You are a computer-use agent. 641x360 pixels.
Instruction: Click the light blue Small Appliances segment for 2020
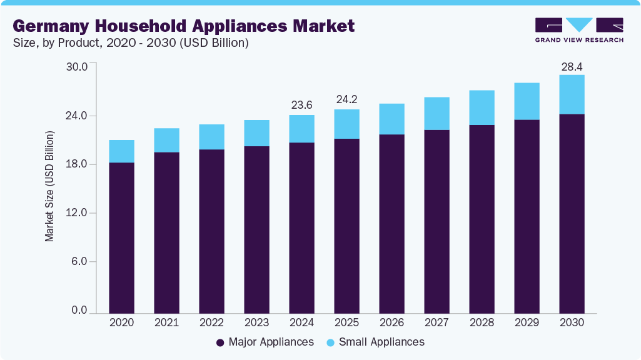coord(121,151)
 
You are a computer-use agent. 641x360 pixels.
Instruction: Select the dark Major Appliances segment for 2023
coord(256,229)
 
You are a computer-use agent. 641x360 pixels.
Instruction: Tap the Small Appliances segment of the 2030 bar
coord(572,94)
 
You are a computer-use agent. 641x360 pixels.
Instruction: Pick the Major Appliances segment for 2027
coord(437,221)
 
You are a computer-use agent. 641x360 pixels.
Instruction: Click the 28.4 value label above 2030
coord(572,67)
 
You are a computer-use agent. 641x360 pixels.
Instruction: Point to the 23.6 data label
coord(301,105)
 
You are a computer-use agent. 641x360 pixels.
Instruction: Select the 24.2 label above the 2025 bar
coord(346,99)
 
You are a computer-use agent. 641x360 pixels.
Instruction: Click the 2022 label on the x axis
coord(211,322)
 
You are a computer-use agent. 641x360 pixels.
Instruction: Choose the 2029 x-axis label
coord(527,322)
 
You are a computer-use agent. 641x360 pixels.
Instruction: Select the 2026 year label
coord(391,322)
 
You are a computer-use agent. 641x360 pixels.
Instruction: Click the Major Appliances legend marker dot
coord(220,342)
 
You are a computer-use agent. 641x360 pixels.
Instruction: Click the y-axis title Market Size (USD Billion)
coord(49,186)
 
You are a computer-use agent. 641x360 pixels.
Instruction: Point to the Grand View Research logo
coord(579,30)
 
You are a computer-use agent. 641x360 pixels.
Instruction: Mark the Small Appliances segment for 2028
coord(482,107)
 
